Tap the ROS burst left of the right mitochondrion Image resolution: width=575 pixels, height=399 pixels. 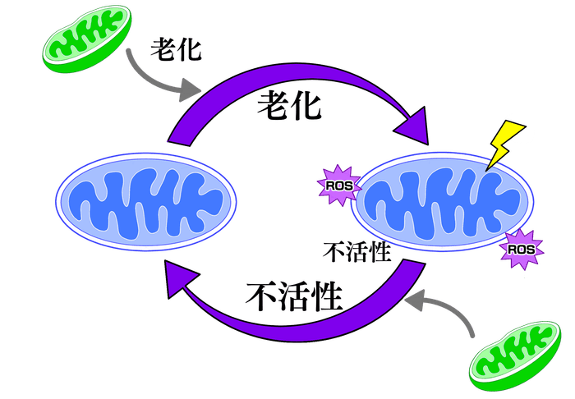click(338, 183)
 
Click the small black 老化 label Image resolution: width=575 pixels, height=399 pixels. click(175, 48)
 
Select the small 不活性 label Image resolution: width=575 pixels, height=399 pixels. click(356, 251)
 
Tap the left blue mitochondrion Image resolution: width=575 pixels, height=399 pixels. click(145, 198)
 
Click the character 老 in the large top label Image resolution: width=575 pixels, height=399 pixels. click(273, 106)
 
